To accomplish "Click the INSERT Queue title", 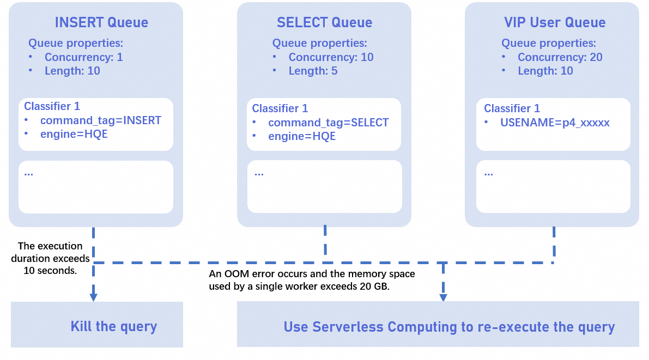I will point(101,22).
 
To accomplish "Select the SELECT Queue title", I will point(324,22).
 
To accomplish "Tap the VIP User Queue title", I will point(555,22).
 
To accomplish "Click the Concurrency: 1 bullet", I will point(83,57).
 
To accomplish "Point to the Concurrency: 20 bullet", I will point(560,57).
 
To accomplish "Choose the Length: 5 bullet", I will point(313,71).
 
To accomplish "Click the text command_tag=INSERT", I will point(100,120).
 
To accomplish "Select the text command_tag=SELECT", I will point(328,123).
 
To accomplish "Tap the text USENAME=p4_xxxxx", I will point(555,123).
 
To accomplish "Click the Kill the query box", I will point(97,326).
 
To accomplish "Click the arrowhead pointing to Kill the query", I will point(93,297).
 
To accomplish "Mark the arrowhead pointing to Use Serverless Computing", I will point(443,297).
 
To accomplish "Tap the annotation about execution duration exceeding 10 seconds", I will point(51,258).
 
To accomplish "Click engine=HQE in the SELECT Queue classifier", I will point(301,136).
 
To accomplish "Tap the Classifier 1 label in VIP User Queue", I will point(512,108).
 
